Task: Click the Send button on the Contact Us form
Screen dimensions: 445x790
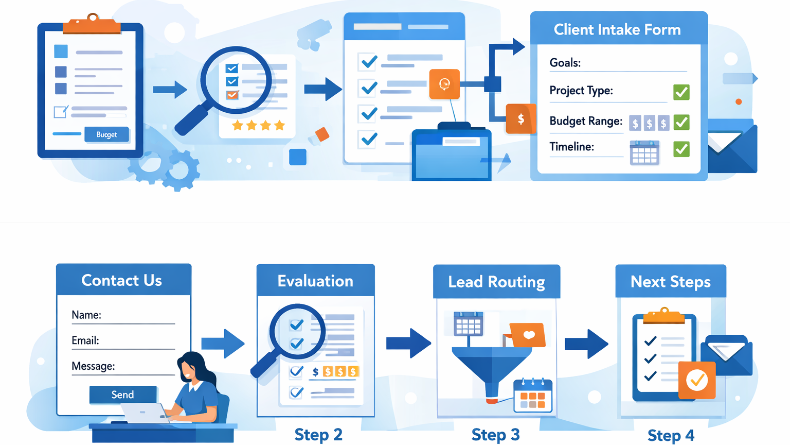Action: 123,395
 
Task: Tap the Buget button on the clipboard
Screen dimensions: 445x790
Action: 106,134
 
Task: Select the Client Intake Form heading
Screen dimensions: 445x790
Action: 617,29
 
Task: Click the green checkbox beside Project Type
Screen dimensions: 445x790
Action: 681,92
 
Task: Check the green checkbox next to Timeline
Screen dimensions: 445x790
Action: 681,149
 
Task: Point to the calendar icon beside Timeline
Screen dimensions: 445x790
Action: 644,152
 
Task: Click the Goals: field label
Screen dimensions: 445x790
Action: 565,63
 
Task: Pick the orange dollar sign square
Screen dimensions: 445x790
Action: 520,119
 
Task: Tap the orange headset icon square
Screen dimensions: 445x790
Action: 444,84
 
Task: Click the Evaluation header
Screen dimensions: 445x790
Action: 315,281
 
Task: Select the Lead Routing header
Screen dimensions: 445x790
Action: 496,282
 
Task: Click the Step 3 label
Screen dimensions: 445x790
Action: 495,434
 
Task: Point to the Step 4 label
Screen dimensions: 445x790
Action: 671,435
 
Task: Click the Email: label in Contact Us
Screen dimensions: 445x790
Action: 85,340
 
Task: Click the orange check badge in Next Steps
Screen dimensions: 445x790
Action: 697,381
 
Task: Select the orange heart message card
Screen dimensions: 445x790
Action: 527,335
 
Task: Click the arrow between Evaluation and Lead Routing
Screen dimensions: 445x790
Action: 409,343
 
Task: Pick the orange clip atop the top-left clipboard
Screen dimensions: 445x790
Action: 92,25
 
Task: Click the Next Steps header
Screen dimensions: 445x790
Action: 671,282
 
